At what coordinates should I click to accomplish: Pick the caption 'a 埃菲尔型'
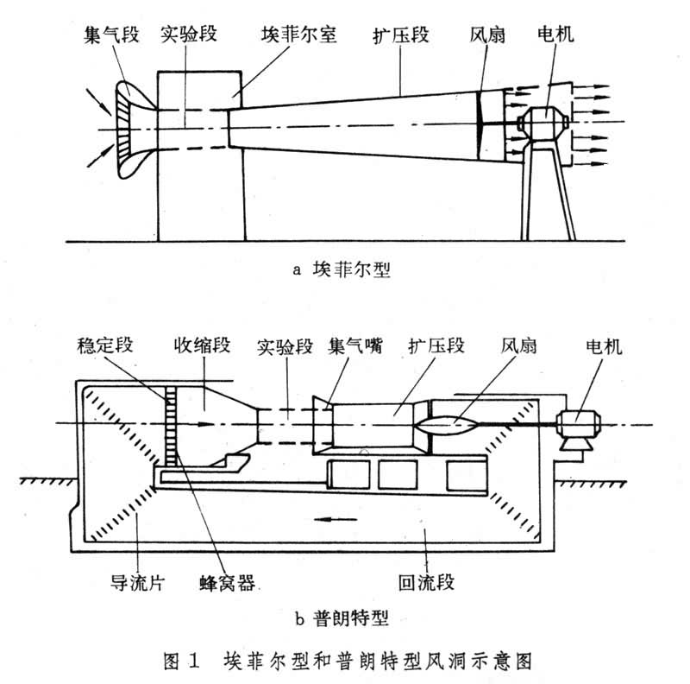(342, 269)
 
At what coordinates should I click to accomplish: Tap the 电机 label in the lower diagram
(603, 347)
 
